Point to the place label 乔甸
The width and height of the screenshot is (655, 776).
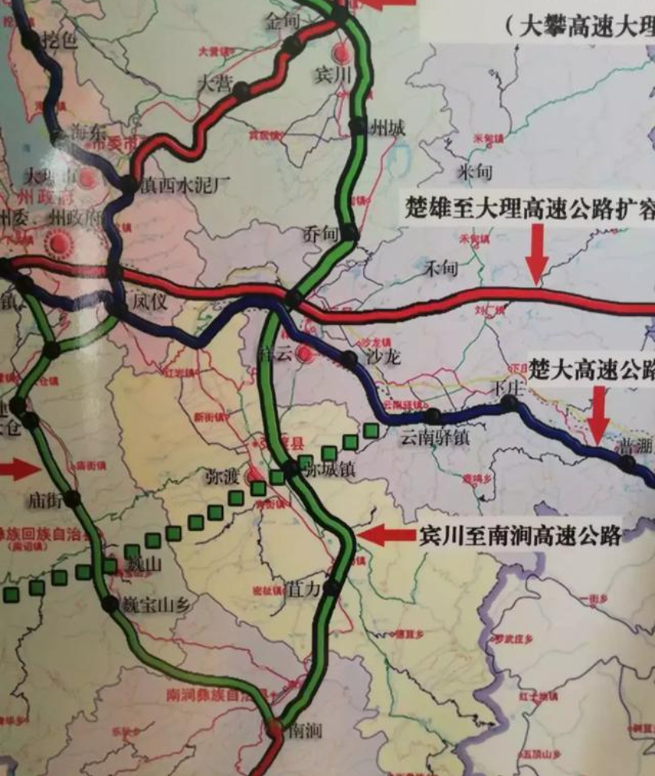322,232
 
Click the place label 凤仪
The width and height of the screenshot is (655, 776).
150,300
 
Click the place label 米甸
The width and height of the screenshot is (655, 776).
477,169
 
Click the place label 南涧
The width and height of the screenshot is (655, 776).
305,731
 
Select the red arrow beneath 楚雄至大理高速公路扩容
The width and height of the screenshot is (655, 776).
536,253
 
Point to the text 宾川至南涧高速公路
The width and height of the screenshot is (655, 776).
520,535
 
